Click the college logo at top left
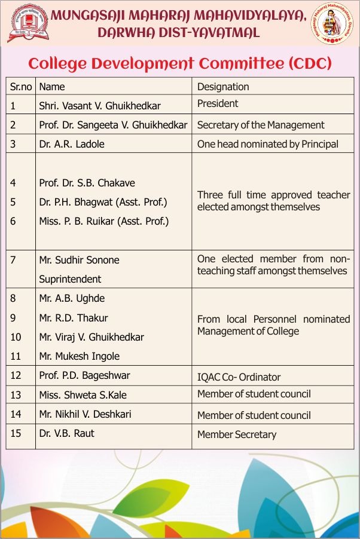28,23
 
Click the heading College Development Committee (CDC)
180,63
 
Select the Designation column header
223,87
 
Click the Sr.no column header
21,87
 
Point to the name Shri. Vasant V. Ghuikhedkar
100,106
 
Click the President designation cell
218,103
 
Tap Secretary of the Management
261,125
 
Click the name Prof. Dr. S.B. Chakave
87,183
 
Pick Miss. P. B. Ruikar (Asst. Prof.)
104,221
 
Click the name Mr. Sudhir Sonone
79,260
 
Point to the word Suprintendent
70,279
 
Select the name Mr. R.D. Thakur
74,318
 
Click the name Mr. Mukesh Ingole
79,356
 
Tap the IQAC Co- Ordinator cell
239,377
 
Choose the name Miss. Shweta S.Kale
83,395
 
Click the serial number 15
16,433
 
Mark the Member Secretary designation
237,434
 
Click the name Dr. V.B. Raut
66,433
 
